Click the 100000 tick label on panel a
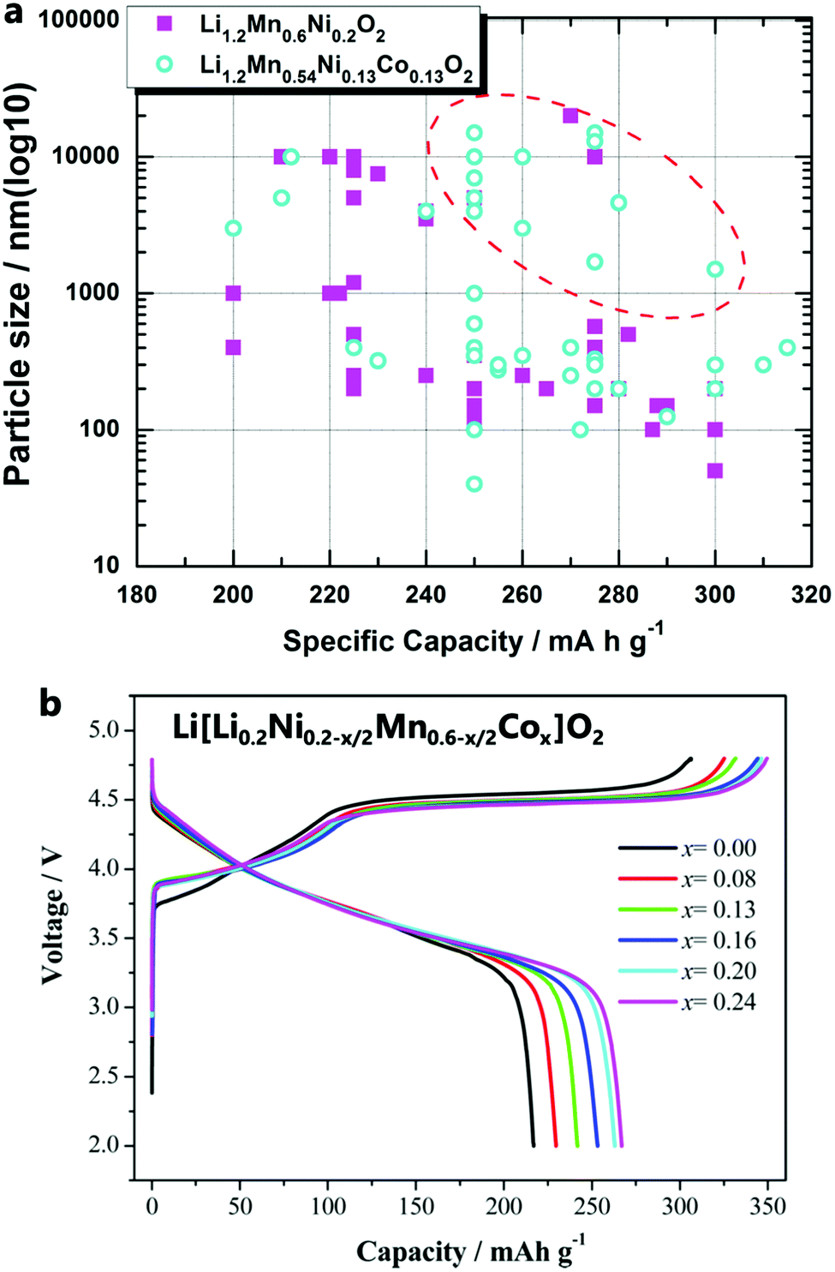coord(79,19)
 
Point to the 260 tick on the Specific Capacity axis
coord(522,594)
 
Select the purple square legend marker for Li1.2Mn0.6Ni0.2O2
coord(164,24)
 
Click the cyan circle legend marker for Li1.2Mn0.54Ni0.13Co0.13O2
coord(164,63)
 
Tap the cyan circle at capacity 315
coord(787,347)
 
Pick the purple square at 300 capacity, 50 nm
coord(715,471)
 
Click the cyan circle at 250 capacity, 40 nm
coord(474,484)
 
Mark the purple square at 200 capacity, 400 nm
coord(233,347)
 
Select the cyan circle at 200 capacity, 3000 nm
coord(233,228)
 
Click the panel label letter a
coord(14,15)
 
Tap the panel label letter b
coord(51,704)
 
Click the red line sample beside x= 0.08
coord(647,879)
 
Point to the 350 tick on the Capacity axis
coord(767,1206)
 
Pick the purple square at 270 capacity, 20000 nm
coord(570,116)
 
